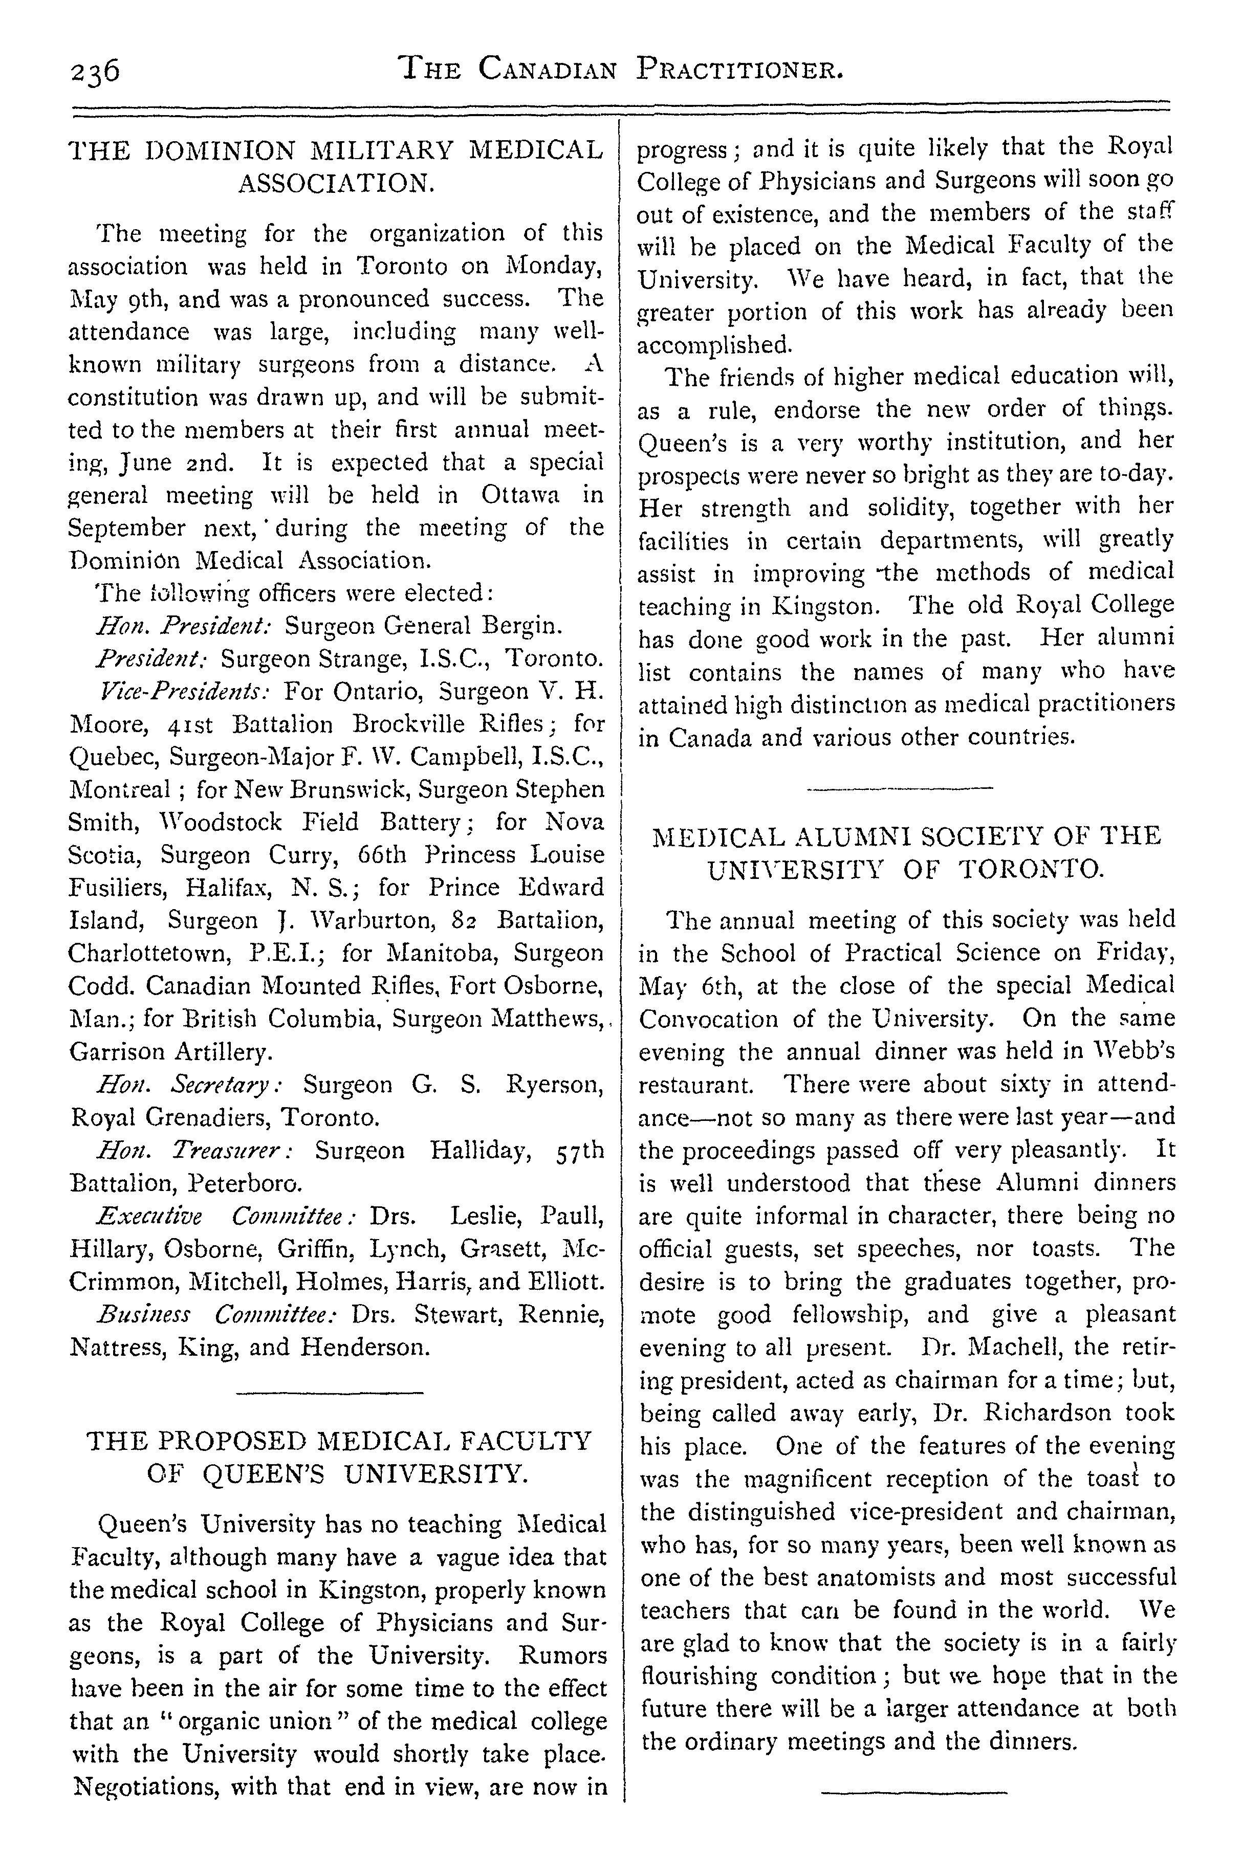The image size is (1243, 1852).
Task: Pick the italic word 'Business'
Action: [143, 1315]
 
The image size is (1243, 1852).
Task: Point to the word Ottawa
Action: [519, 495]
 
